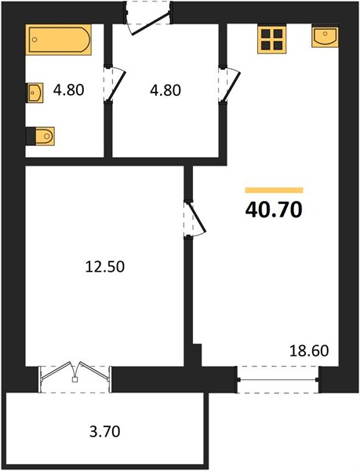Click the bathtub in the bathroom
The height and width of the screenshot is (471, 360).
[60, 40]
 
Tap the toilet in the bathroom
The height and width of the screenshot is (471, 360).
[41, 136]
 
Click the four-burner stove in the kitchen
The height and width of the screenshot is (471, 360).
[272, 39]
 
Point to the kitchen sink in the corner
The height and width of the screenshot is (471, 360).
[325, 37]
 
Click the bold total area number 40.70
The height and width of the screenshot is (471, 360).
[274, 210]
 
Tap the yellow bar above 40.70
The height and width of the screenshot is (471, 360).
[274, 190]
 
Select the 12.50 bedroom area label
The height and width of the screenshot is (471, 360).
[104, 266]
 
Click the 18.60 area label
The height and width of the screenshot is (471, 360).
[309, 351]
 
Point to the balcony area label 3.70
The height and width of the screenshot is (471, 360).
[104, 432]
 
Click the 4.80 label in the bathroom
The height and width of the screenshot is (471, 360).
[69, 90]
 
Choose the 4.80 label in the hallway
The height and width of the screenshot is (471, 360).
[165, 90]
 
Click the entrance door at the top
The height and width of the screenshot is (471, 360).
[148, 18]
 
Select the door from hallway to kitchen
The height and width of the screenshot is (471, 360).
[229, 85]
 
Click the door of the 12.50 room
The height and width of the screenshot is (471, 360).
[195, 218]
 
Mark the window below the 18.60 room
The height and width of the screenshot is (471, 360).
[278, 380]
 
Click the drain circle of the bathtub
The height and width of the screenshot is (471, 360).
[35, 39]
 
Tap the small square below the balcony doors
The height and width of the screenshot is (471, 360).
[75, 379]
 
